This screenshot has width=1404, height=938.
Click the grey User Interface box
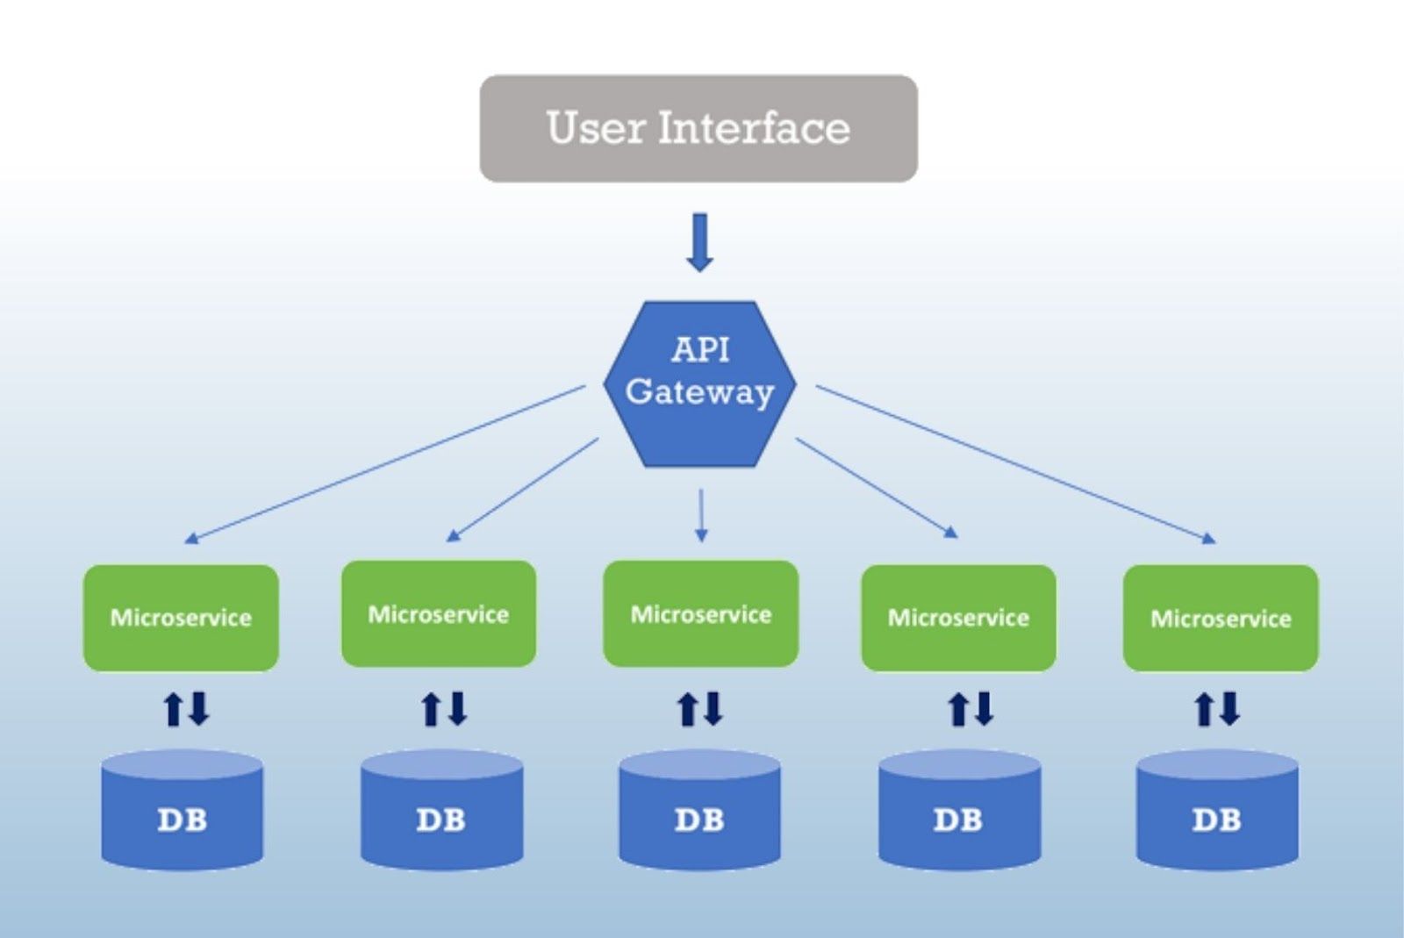click(x=698, y=128)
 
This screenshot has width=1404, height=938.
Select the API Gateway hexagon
click(x=700, y=384)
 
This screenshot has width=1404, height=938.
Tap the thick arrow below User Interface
click(x=700, y=242)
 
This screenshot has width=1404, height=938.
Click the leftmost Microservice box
click(x=181, y=618)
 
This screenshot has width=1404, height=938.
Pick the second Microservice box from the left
click(x=439, y=613)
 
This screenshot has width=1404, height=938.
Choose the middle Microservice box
click(x=701, y=613)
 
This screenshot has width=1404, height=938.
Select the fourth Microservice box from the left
click(x=958, y=618)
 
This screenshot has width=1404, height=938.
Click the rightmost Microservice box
click(x=1221, y=618)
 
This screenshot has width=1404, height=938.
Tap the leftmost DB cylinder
click(x=183, y=810)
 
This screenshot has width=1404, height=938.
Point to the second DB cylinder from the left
click(x=442, y=810)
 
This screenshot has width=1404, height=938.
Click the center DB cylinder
click(x=700, y=810)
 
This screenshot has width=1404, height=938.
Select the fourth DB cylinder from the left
click(x=960, y=810)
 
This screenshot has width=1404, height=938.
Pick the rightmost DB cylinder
click(x=1217, y=810)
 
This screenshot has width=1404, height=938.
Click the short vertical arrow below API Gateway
click(x=701, y=515)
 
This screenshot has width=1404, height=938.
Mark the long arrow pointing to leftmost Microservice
click(x=385, y=464)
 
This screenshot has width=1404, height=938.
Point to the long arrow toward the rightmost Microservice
click(x=1016, y=464)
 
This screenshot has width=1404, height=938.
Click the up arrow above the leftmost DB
click(x=173, y=709)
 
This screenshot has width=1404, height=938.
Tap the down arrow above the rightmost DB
click(x=1229, y=709)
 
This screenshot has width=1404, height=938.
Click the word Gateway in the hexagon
click(x=699, y=393)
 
